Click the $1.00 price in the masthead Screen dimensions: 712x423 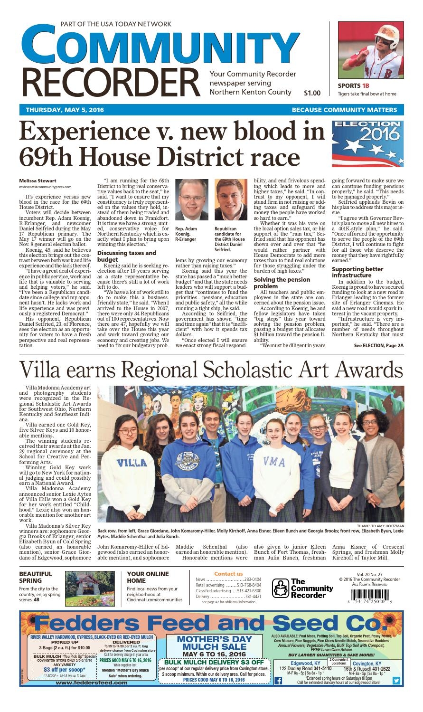(x=312, y=93)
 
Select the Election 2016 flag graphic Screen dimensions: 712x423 (x=367, y=144)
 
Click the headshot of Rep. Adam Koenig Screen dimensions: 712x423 (x=191, y=199)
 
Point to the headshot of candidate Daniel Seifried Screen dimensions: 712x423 (x=230, y=199)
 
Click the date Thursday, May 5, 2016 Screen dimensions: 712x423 (x=65, y=110)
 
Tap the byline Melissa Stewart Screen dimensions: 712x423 (x=38, y=180)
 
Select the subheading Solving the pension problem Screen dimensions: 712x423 (x=282, y=283)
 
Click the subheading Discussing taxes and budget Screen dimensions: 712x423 (x=126, y=256)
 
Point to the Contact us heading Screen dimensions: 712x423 (x=228, y=574)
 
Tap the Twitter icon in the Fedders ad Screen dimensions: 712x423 (x=396, y=680)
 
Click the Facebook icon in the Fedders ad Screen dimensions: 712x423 (x=278, y=680)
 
